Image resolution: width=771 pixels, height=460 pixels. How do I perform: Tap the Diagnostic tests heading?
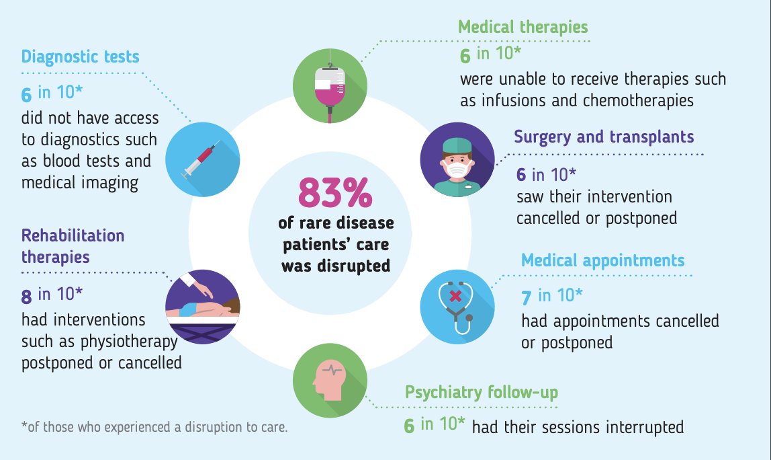pyautogui.click(x=80, y=56)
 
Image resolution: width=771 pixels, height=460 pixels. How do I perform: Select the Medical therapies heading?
pyautogui.click(x=523, y=27)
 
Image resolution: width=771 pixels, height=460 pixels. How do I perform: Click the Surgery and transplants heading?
pyautogui.click(x=604, y=137)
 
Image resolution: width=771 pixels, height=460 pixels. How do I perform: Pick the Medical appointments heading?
pyautogui.click(x=602, y=260)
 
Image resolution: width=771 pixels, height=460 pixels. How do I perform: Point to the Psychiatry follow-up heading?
pyautogui.click(x=481, y=393)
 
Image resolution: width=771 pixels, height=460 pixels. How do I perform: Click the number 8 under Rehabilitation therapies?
pyautogui.click(x=27, y=295)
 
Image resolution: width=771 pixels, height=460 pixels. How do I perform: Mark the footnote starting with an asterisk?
pyautogui.click(x=154, y=427)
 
